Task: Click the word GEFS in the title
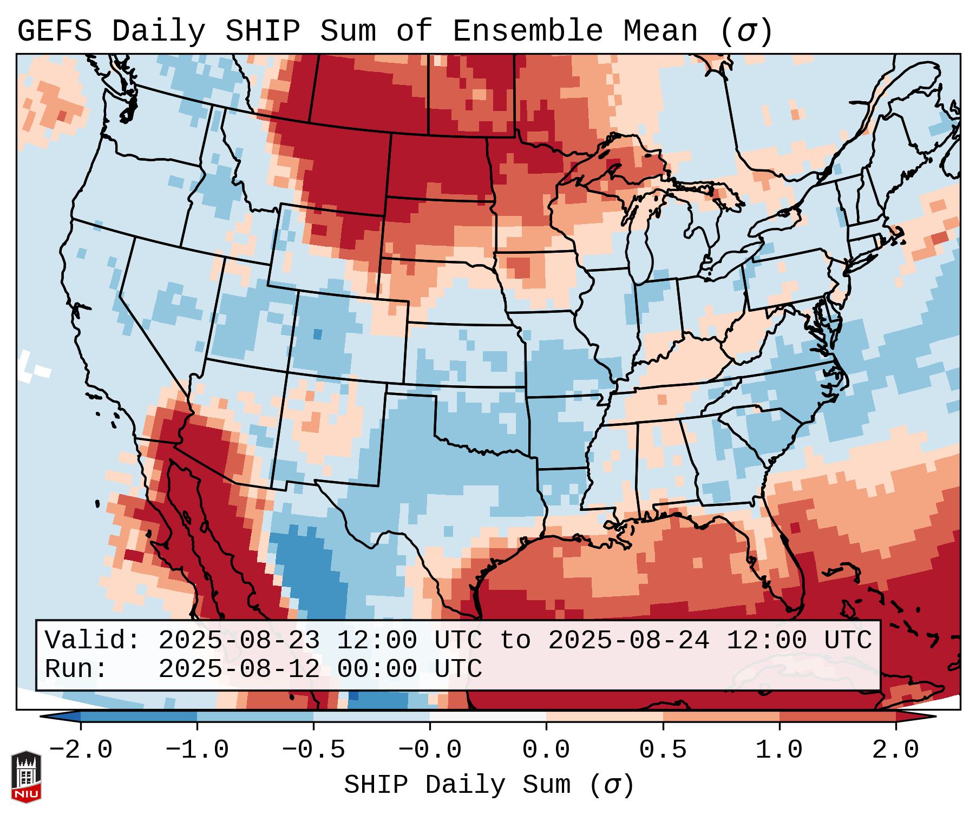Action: click(54, 31)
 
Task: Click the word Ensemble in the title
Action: click(527, 31)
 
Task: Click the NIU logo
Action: click(26, 777)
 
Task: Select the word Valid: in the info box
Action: click(93, 641)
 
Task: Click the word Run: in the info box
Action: click(76, 669)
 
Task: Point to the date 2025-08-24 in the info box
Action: click(628, 641)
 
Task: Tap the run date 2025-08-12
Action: click(239, 669)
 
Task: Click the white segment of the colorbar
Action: click(488, 717)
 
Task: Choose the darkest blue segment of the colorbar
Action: click(138, 717)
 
